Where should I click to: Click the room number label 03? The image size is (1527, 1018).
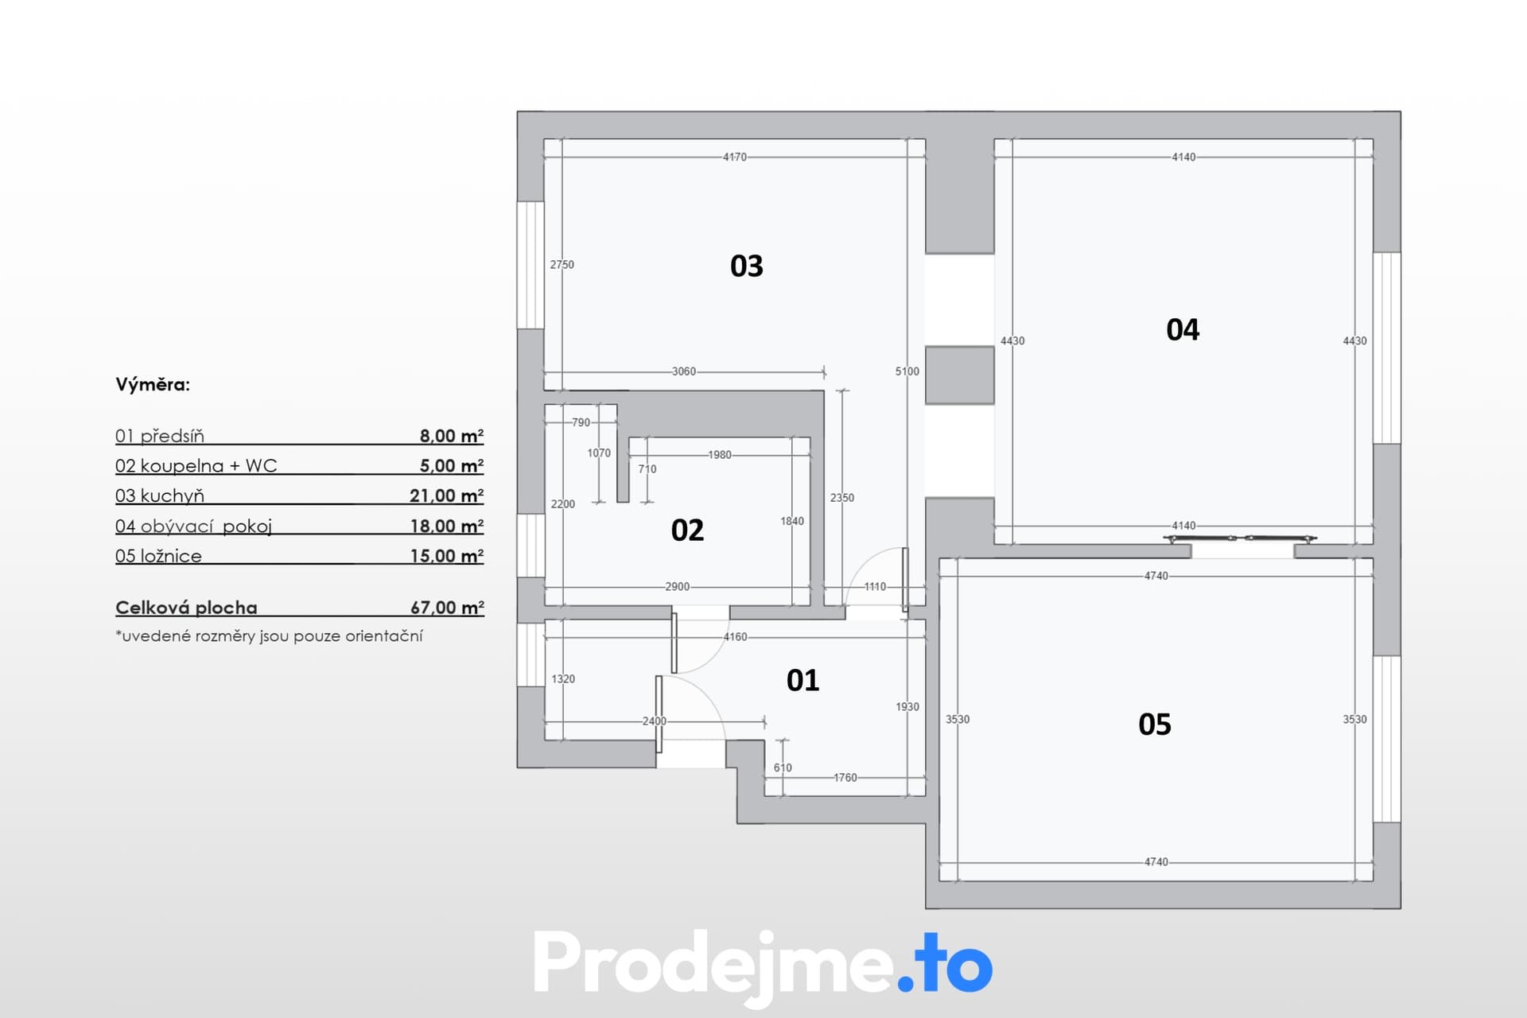pos(746,266)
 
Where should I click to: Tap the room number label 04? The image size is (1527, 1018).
pos(1183,329)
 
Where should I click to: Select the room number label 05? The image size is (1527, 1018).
pos(1155,724)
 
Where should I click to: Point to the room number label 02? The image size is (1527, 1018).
pos(687,530)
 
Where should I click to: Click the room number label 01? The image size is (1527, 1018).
pos(802,680)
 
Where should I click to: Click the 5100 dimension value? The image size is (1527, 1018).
pos(907,371)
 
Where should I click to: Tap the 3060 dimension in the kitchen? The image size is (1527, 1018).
pos(684,371)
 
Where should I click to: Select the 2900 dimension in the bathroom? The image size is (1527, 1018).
pos(678,587)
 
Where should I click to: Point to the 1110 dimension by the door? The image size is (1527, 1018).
pos(875,587)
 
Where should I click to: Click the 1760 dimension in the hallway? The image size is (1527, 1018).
pos(845,778)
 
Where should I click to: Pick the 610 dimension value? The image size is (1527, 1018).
pos(783,767)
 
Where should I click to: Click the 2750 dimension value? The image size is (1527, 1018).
pos(562,265)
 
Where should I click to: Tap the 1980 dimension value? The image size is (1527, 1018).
pos(720,455)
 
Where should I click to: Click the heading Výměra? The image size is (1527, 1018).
pos(153,385)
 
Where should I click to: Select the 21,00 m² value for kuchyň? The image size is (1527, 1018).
pos(446,495)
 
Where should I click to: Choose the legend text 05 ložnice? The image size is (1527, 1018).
pos(158,556)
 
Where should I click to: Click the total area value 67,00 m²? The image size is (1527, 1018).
pos(447,608)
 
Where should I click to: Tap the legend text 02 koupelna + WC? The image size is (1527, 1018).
pos(196,466)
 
